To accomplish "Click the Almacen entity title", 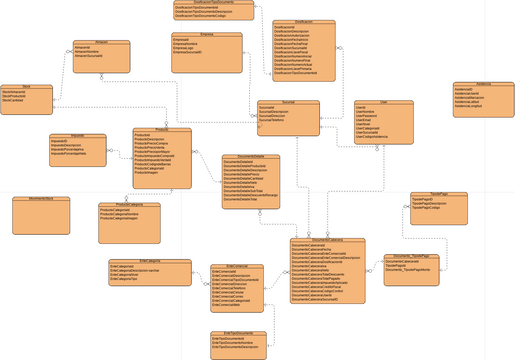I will [100, 42].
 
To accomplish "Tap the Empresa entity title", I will [207, 34].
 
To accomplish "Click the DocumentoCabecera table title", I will [327, 241].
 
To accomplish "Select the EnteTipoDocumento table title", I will [237, 333].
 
